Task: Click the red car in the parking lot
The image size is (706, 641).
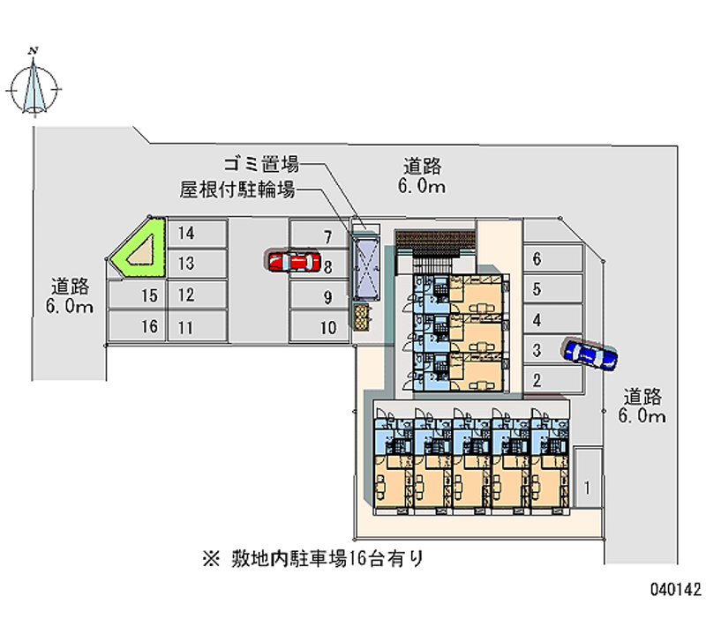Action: point(293,261)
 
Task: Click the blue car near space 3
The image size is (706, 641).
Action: point(590,353)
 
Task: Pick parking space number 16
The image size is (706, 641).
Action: point(150,327)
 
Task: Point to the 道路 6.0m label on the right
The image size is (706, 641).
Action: point(642,406)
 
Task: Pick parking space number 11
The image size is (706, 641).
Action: point(185,327)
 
